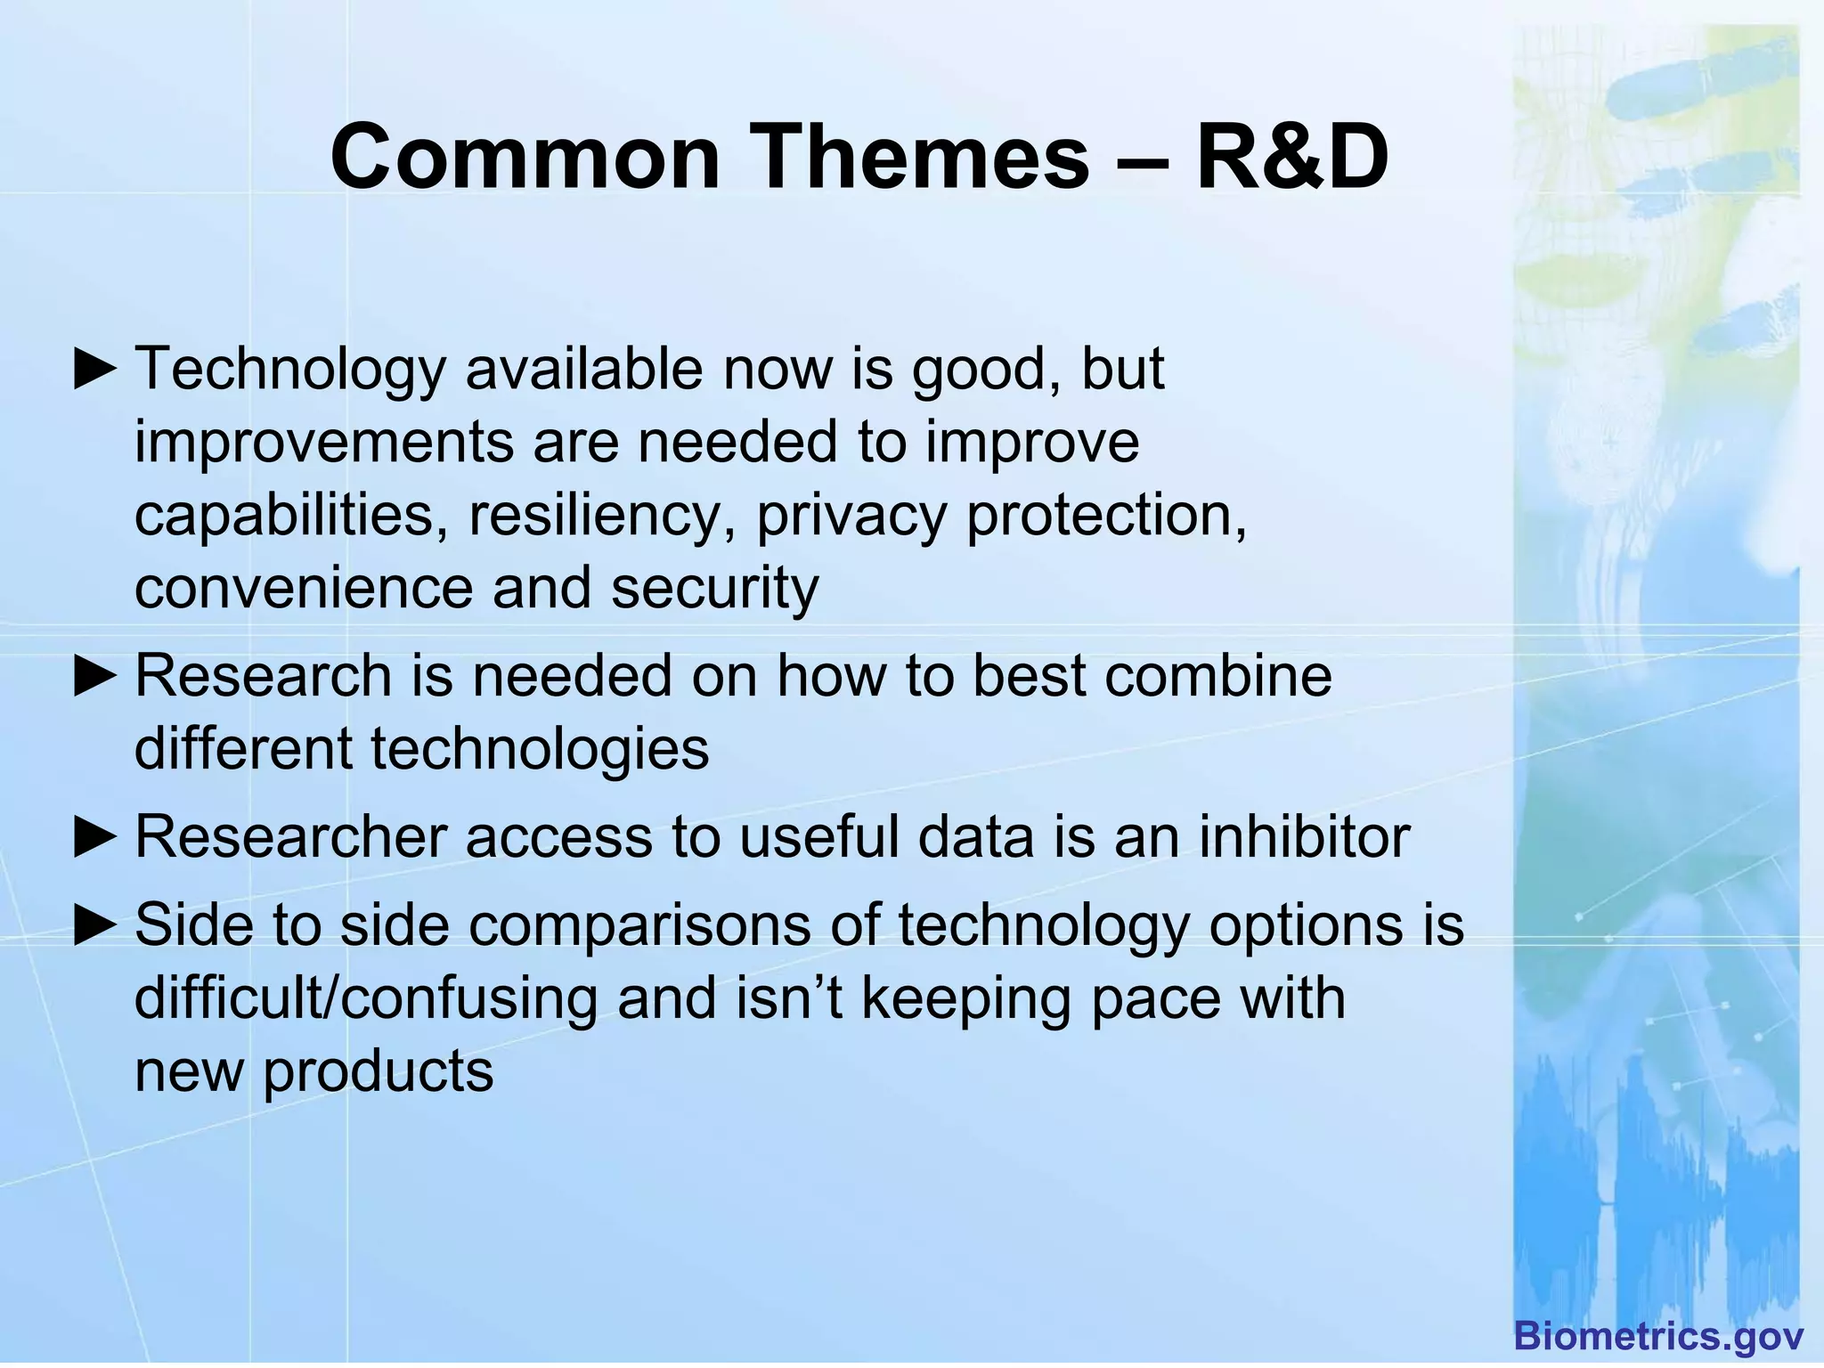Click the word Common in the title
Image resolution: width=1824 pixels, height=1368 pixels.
(525, 158)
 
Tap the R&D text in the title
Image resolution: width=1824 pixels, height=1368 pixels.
(1291, 158)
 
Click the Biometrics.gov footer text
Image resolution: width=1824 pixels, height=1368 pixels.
(1658, 1337)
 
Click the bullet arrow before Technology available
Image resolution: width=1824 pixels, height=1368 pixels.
(95, 370)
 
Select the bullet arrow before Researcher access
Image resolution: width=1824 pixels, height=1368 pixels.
(95, 838)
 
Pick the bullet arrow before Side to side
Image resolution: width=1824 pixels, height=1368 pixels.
(95, 925)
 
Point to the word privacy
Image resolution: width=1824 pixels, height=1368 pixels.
(851, 517)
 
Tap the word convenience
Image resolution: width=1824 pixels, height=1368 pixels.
(304, 589)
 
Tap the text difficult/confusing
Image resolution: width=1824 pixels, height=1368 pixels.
(365, 998)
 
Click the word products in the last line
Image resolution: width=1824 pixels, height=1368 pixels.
(378, 1071)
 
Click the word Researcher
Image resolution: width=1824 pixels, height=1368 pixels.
(291, 837)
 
